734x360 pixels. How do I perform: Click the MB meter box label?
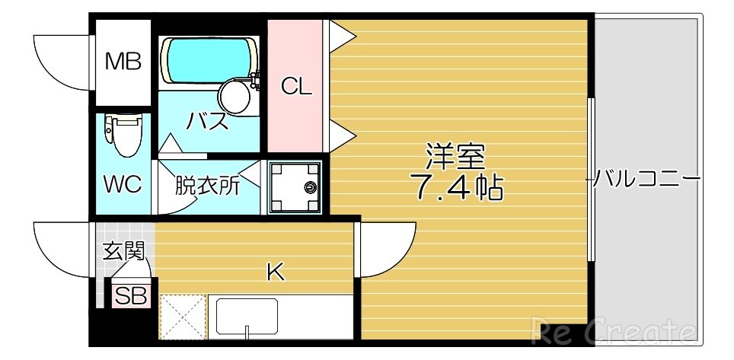[x=123, y=62]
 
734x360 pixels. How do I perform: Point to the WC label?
[x=123, y=185]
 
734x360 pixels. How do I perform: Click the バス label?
[x=208, y=122]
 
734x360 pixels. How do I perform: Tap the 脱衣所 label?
[x=207, y=186]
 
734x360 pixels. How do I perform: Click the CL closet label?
[x=297, y=87]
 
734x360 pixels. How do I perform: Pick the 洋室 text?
[x=455, y=158]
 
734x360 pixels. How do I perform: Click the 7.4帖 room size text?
[x=457, y=186]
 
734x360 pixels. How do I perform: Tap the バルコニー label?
[x=646, y=180]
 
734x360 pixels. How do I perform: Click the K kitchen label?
[x=275, y=272]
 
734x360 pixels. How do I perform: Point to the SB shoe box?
[x=130, y=296]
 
